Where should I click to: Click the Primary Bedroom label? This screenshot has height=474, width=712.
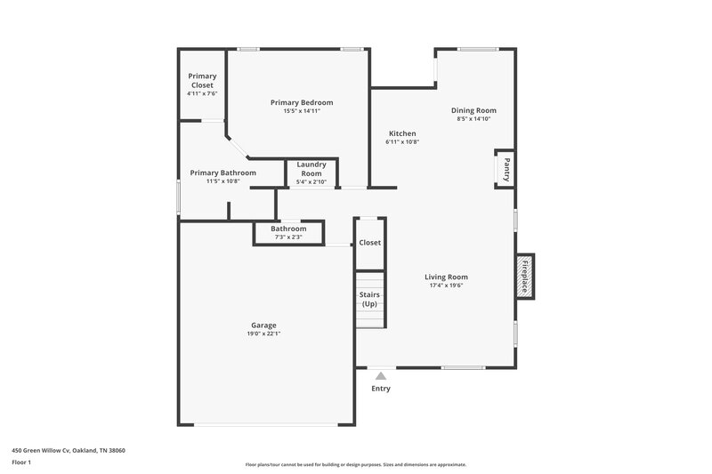tap(295, 102)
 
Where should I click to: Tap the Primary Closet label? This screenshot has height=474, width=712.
tap(202, 81)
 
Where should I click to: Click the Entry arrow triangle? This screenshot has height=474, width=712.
tap(381, 376)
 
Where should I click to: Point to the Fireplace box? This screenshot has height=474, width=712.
tap(525, 277)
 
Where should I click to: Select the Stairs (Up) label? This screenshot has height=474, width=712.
tap(369, 299)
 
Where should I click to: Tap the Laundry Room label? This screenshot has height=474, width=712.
tap(311, 168)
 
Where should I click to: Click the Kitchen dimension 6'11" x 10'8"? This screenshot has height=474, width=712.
tap(402, 142)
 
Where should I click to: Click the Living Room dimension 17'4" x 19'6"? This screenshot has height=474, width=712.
tap(446, 285)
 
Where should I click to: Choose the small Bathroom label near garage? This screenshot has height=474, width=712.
tap(288, 229)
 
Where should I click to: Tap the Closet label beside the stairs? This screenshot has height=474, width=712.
tap(369, 243)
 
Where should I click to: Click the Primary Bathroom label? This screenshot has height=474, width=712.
tap(223, 173)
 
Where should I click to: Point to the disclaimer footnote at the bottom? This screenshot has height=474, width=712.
tap(356, 464)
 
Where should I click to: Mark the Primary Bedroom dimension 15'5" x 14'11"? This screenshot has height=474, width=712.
tap(295, 111)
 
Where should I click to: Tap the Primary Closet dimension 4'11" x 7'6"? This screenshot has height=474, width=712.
tap(202, 93)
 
